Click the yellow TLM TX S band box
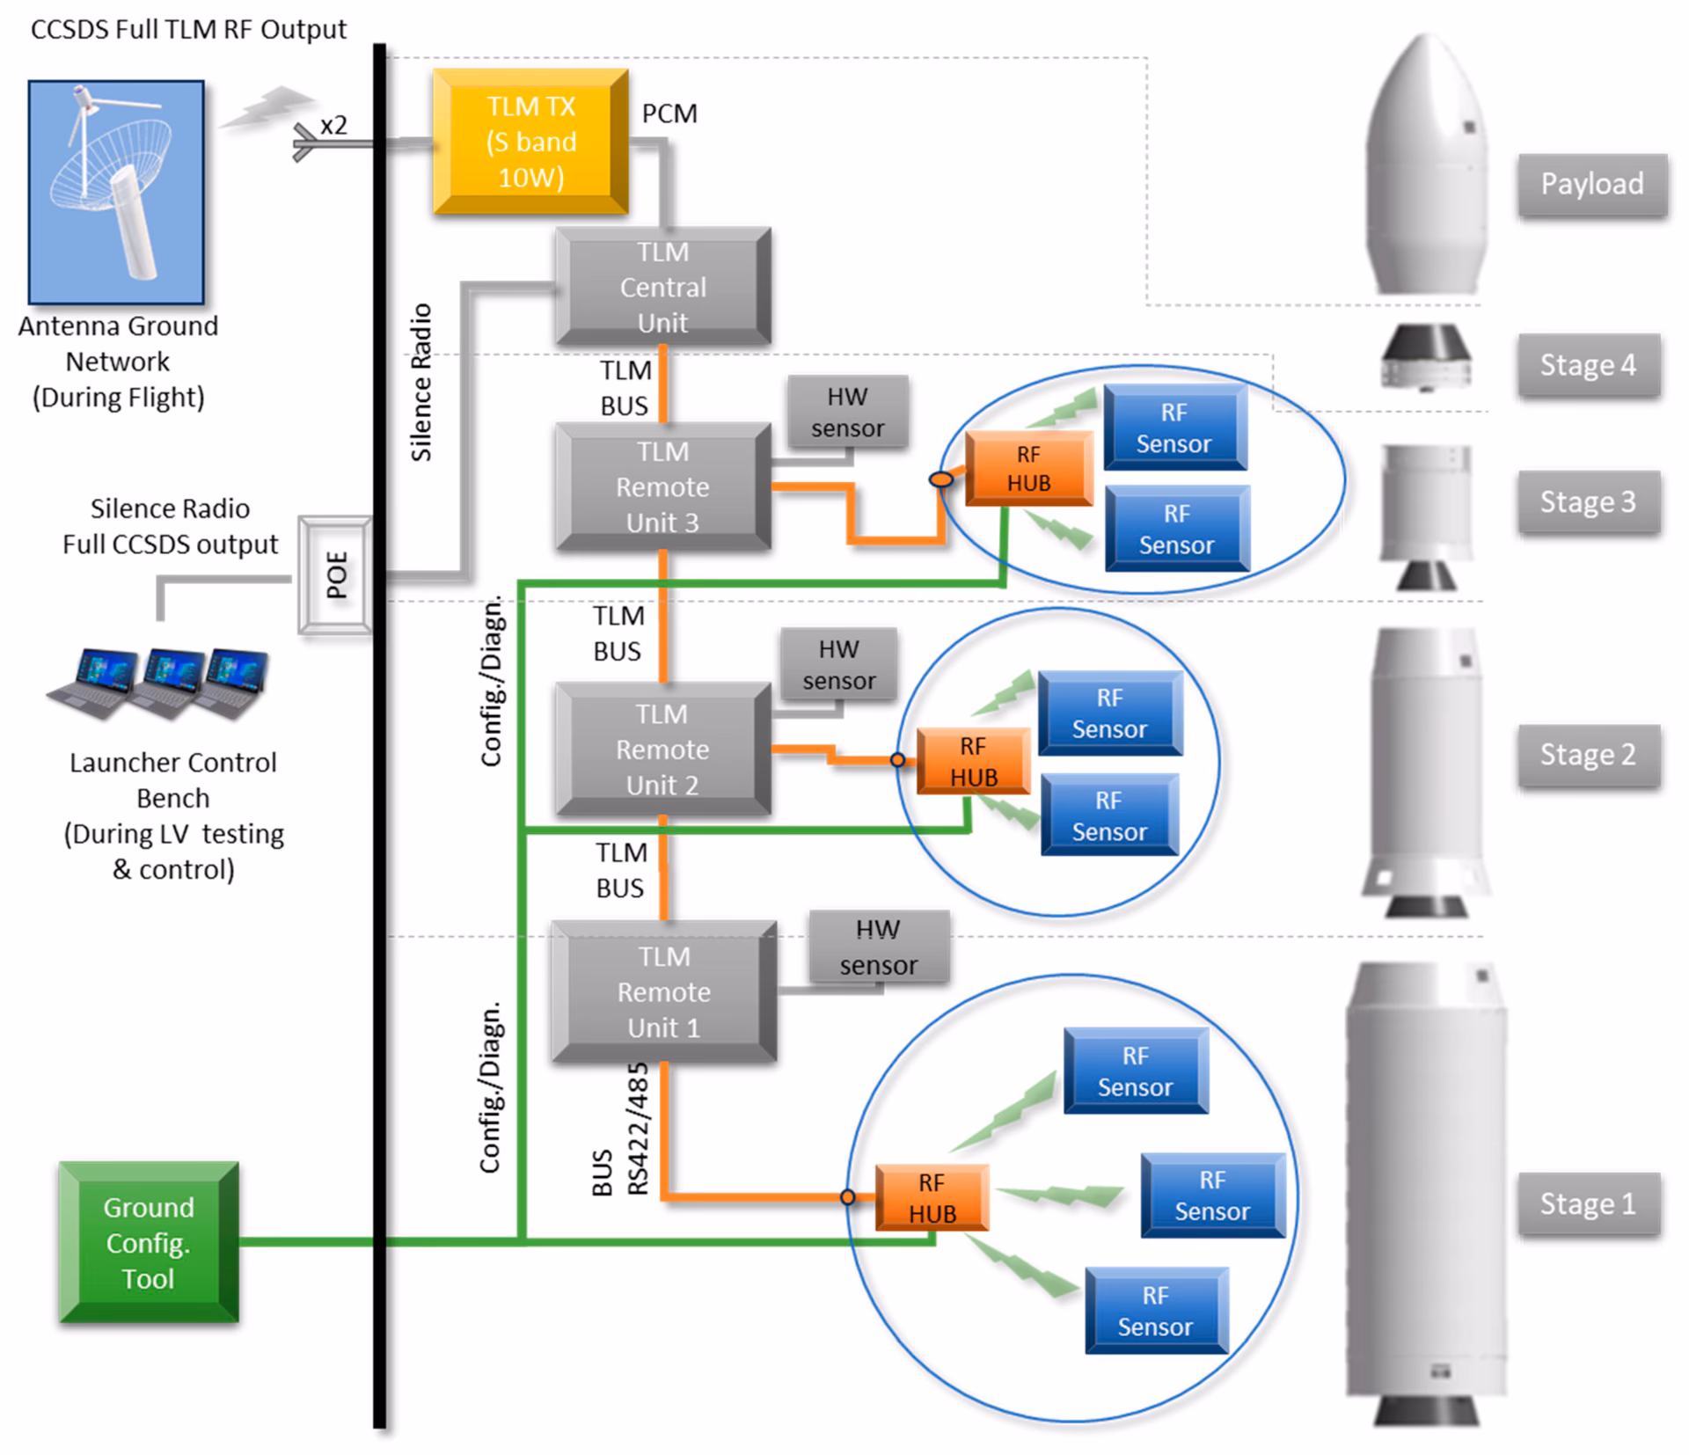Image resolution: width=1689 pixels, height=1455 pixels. coord(530,142)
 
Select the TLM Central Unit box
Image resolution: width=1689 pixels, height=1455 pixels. coord(662,287)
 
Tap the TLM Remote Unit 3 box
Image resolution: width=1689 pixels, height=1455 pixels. coord(662,486)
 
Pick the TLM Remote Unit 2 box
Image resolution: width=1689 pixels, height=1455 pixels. coord(662,749)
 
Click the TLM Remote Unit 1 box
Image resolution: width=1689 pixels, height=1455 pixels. coord(663,991)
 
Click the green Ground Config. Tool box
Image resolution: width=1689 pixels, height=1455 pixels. coord(149,1242)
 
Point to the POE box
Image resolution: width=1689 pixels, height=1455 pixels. coord(335,575)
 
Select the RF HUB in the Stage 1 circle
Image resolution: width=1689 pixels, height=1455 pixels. coord(932,1198)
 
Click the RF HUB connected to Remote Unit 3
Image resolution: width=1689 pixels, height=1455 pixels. coord(1028,469)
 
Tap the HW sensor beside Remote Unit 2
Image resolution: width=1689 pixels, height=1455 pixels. coord(838,665)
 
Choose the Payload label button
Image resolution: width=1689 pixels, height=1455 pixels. coord(1591,184)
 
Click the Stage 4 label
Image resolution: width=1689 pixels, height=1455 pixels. coord(1588,365)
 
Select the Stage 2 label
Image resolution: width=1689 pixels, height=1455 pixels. coord(1588,755)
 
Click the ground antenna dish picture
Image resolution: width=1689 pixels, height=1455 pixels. coord(116,192)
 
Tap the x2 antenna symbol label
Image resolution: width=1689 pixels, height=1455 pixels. coord(333,126)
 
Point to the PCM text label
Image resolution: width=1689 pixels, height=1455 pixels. coord(669,113)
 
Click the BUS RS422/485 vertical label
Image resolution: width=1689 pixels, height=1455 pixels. coord(621,1130)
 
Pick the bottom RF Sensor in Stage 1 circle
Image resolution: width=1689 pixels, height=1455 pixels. coord(1155,1311)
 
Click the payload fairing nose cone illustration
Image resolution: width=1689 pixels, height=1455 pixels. coord(1425,167)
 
